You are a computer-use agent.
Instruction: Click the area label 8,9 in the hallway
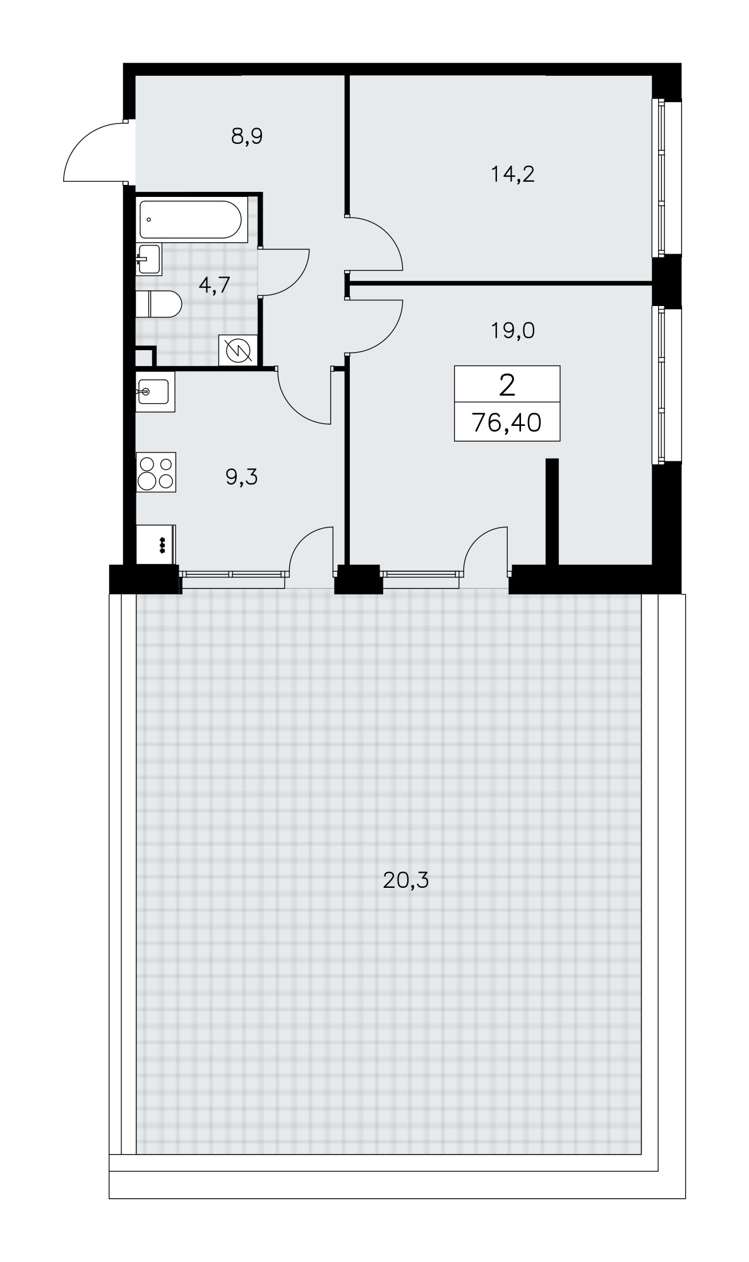coord(246,136)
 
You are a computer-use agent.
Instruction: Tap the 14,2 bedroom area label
coord(513,174)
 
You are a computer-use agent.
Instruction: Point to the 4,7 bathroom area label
coord(213,285)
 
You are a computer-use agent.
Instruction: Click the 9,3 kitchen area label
coord(242,478)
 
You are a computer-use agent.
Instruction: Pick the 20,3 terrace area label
coord(405,880)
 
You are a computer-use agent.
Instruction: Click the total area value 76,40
coord(506,423)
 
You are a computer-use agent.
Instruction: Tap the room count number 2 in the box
coord(506,385)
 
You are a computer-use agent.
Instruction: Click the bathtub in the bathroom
coord(190,220)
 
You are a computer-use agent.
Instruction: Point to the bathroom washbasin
coord(149,258)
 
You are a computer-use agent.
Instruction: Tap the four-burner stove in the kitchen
coord(157,472)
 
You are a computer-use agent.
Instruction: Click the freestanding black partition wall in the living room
coord(552,511)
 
